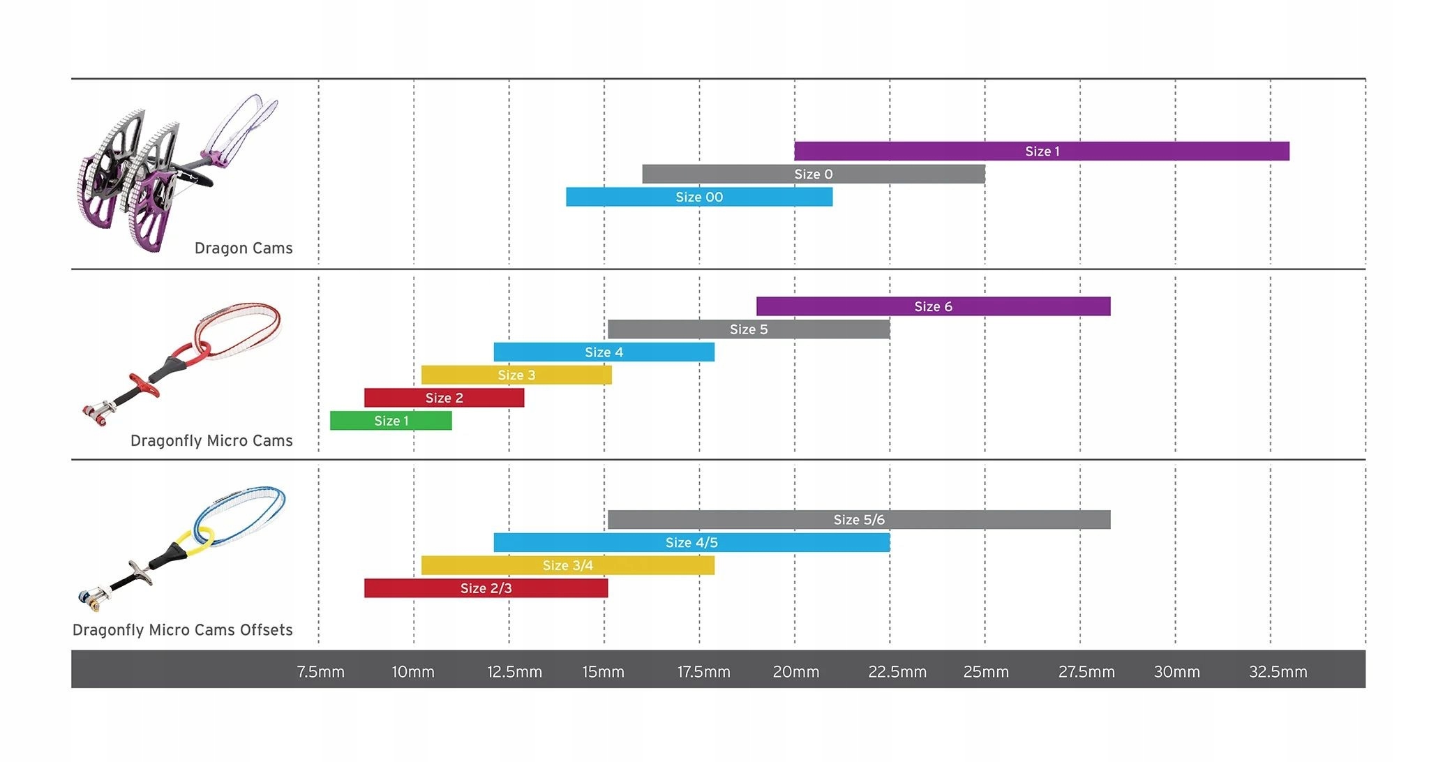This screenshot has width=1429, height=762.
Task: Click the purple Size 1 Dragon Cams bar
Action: (x=1041, y=151)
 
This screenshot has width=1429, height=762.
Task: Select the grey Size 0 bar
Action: (x=813, y=174)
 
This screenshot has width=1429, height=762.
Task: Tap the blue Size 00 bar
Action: (x=698, y=197)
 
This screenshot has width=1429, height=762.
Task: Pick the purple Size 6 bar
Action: (x=933, y=306)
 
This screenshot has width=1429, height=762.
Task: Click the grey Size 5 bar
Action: (x=748, y=329)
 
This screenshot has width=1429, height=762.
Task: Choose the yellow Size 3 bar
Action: (x=516, y=375)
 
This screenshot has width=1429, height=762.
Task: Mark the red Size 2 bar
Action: (x=444, y=398)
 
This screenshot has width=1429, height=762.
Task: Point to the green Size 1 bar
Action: (x=391, y=421)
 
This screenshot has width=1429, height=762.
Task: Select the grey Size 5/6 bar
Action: (x=858, y=520)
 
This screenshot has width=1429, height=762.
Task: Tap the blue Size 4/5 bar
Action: (x=691, y=543)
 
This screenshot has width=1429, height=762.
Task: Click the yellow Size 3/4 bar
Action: (x=567, y=566)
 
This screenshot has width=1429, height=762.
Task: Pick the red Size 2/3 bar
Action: (x=486, y=588)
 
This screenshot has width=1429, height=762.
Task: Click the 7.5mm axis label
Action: (x=320, y=672)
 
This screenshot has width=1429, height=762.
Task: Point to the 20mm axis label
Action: (x=795, y=672)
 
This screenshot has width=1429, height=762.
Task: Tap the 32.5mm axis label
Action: (x=1278, y=672)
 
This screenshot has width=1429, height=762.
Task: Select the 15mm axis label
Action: (x=603, y=672)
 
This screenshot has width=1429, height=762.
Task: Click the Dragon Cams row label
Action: (x=244, y=248)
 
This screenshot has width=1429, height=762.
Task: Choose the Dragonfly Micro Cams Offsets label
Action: (x=183, y=630)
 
